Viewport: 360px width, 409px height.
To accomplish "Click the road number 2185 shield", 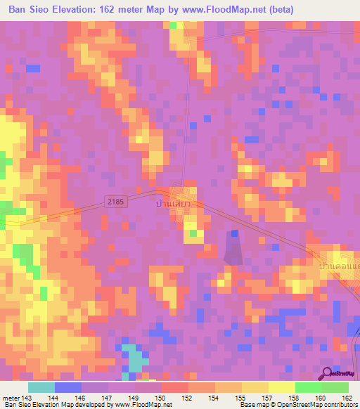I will coord(116,202).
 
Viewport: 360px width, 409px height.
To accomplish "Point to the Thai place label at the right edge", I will coord(339,266).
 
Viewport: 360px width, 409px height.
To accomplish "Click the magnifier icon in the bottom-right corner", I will coord(328,374).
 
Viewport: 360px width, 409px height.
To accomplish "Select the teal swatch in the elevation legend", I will coord(41,387).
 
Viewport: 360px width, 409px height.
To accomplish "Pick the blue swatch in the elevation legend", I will coord(67,387).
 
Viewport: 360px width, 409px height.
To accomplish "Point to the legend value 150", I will coord(164,399).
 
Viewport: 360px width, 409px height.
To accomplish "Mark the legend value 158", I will coord(293,399).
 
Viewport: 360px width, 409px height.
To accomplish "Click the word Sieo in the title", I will coord(51,9).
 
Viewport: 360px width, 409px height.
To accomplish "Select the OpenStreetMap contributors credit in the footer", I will coord(316,405).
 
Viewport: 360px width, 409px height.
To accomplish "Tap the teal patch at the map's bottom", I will coord(133,358).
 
